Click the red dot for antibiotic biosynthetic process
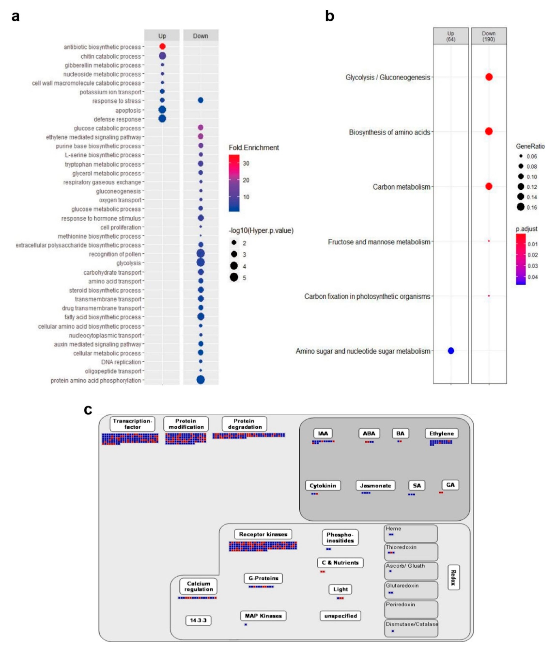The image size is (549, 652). click(162, 46)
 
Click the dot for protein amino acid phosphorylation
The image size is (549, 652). click(200, 380)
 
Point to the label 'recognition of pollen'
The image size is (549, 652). click(115, 254)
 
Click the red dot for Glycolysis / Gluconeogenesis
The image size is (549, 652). click(489, 77)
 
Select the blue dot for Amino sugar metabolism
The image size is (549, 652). click(451, 351)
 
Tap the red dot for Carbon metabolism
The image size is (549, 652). click(489, 186)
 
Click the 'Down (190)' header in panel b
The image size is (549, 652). click(489, 36)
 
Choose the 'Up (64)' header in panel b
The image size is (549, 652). click(451, 36)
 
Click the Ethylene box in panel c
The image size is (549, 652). click(441, 434)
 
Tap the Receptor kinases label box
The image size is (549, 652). click(263, 534)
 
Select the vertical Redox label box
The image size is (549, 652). click(454, 578)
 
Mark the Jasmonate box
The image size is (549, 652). click(375, 486)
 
